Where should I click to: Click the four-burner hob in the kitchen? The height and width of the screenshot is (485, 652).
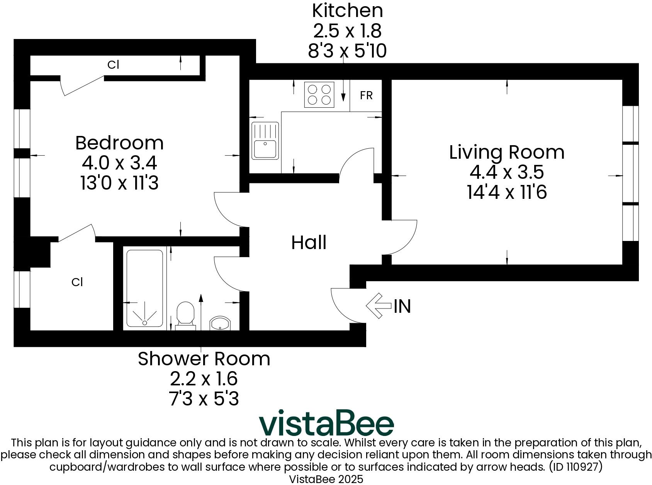(x=319, y=95)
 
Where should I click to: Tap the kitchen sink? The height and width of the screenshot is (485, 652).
(x=265, y=141)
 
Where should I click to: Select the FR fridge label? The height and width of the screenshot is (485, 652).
(x=366, y=95)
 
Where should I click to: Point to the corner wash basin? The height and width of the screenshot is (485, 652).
(x=220, y=324)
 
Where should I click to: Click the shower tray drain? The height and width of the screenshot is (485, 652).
(x=144, y=322)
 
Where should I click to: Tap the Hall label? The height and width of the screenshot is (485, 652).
(x=309, y=242)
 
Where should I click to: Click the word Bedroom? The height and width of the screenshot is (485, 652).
(x=119, y=143)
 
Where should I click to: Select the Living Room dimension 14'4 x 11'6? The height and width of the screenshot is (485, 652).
(x=507, y=192)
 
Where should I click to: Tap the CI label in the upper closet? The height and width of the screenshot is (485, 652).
(x=113, y=65)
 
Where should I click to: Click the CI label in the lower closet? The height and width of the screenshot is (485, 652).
(x=77, y=282)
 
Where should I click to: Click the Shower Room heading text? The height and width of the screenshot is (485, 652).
(x=204, y=359)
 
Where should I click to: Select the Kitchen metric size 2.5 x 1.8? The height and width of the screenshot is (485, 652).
(x=347, y=31)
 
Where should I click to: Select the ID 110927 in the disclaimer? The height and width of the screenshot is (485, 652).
(x=576, y=467)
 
